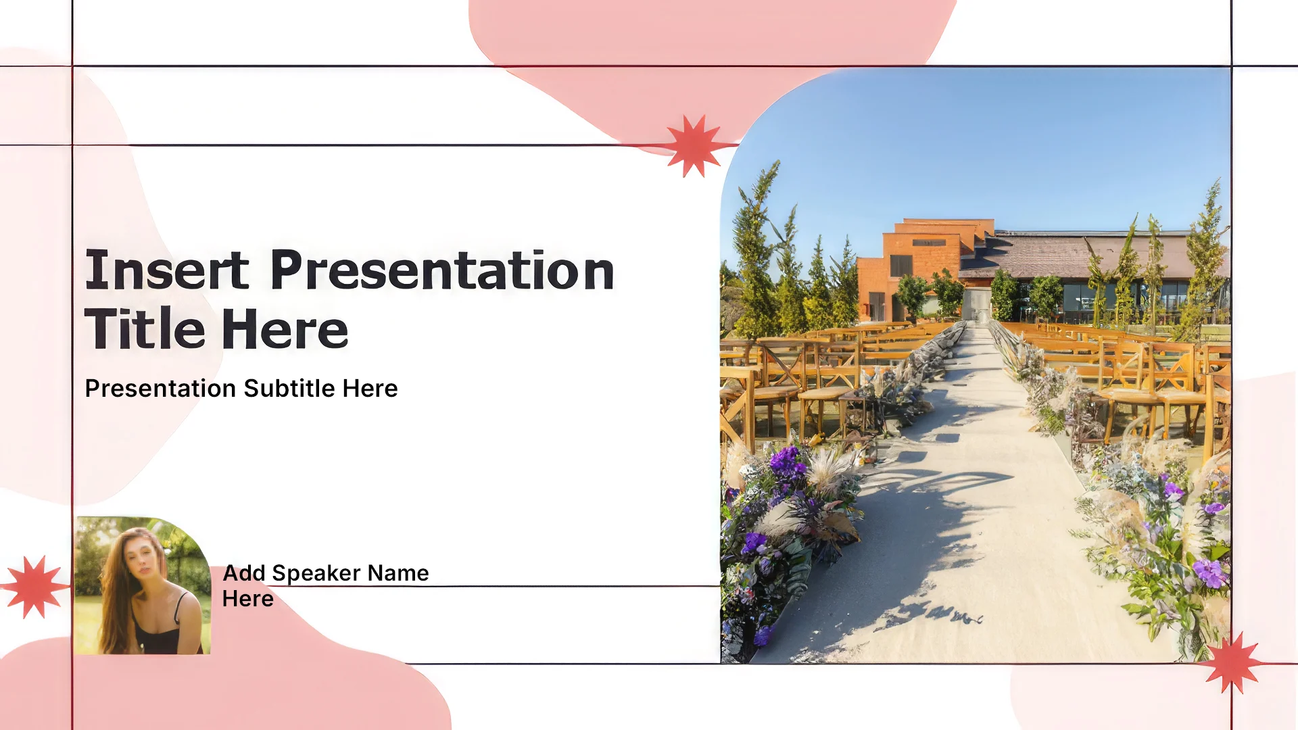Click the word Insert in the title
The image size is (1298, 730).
(x=167, y=270)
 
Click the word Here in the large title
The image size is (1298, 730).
(x=285, y=329)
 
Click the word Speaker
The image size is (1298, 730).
(x=316, y=573)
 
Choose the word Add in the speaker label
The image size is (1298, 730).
(x=244, y=573)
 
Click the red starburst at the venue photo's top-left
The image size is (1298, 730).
(x=694, y=145)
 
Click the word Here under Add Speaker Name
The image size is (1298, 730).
(x=248, y=599)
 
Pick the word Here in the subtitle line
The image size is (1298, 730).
(x=370, y=389)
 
